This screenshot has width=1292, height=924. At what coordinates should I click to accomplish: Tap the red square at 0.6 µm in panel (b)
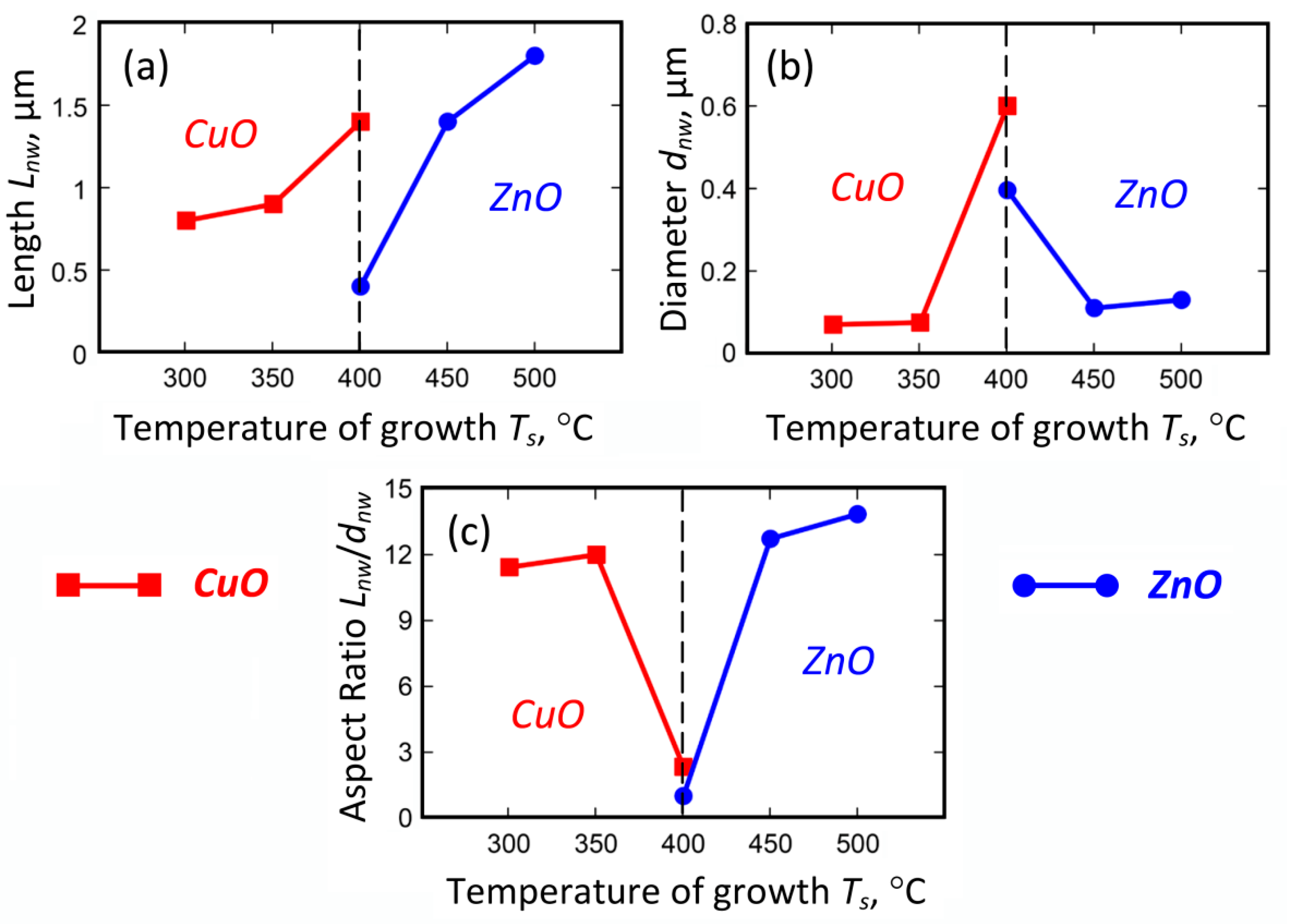1006,106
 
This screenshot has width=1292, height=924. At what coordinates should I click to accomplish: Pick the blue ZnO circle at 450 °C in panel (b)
1094,308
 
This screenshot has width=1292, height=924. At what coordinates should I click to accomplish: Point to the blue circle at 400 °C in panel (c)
683,795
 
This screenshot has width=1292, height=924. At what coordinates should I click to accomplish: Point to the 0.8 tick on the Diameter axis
718,26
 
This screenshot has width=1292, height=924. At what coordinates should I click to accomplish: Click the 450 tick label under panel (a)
447,378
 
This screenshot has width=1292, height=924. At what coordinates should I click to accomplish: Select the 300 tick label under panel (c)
508,843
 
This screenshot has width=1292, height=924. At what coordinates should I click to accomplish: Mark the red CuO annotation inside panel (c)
547,715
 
